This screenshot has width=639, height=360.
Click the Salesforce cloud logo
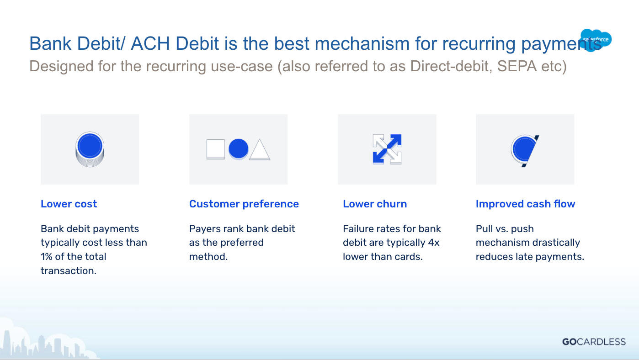[x=596, y=40]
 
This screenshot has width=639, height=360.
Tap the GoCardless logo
[x=594, y=341]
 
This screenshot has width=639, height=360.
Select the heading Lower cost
[x=69, y=204]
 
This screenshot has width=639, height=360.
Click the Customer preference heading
[x=244, y=204]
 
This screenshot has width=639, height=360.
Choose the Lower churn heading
[x=375, y=204]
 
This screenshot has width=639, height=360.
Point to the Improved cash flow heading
[x=526, y=204]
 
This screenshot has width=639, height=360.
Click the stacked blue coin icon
[x=90, y=149]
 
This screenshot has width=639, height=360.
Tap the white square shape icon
[x=216, y=149]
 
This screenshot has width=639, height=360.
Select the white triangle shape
[x=260, y=149]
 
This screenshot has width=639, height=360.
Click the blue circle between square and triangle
[x=239, y=149]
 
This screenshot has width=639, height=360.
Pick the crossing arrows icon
[x=387, y=149]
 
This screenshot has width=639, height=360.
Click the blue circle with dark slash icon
[x=525, y=151]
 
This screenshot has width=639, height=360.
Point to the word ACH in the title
[x=150, y=43]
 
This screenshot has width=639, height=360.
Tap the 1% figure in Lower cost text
[x=47, y=257]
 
